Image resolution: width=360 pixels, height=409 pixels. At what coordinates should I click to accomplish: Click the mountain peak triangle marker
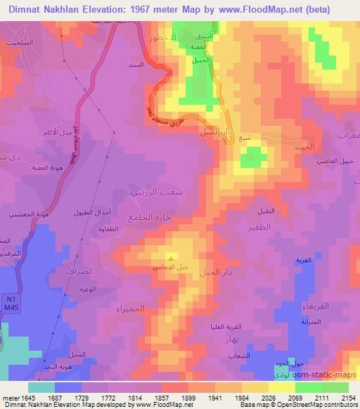(170, 258)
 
